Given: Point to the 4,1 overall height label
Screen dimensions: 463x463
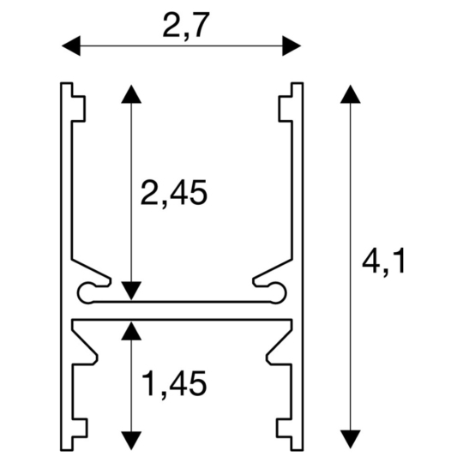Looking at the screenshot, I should pos(383,262).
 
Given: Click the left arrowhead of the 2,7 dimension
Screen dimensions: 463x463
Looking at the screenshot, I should pos(67,45).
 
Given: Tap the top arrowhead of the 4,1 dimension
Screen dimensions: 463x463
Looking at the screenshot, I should pos(350,93).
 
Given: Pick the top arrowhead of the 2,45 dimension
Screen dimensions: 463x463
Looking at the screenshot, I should pos(129,93).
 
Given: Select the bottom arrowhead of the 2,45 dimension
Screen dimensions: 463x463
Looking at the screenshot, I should pos(129,292).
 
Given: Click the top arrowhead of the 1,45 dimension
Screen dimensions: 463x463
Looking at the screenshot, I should pos(129,329).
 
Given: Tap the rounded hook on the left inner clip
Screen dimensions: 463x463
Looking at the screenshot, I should pos(86,292).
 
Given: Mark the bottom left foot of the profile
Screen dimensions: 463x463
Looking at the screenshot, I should pos(78,424).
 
